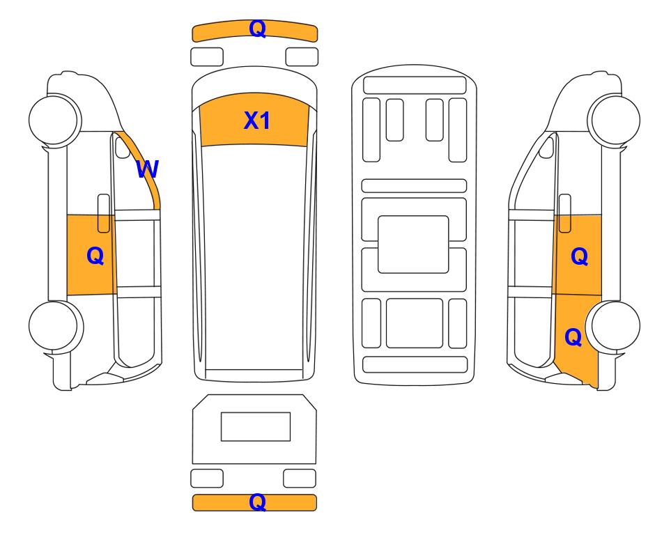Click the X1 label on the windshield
256,121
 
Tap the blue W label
147,169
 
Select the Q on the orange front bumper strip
258,29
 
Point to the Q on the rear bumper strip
258,502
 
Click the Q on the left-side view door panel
95,256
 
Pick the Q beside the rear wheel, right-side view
573,337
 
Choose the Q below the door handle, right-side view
580,256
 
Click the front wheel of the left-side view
55,120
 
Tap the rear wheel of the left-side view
56,326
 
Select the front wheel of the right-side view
614,120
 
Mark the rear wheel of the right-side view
613,326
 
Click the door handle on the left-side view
104,213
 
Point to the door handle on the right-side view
565,213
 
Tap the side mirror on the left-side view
123,147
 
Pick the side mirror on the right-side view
546,147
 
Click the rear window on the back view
256,426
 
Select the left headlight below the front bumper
207,57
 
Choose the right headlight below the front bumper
302,57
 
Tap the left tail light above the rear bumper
207,478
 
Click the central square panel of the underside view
413,245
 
